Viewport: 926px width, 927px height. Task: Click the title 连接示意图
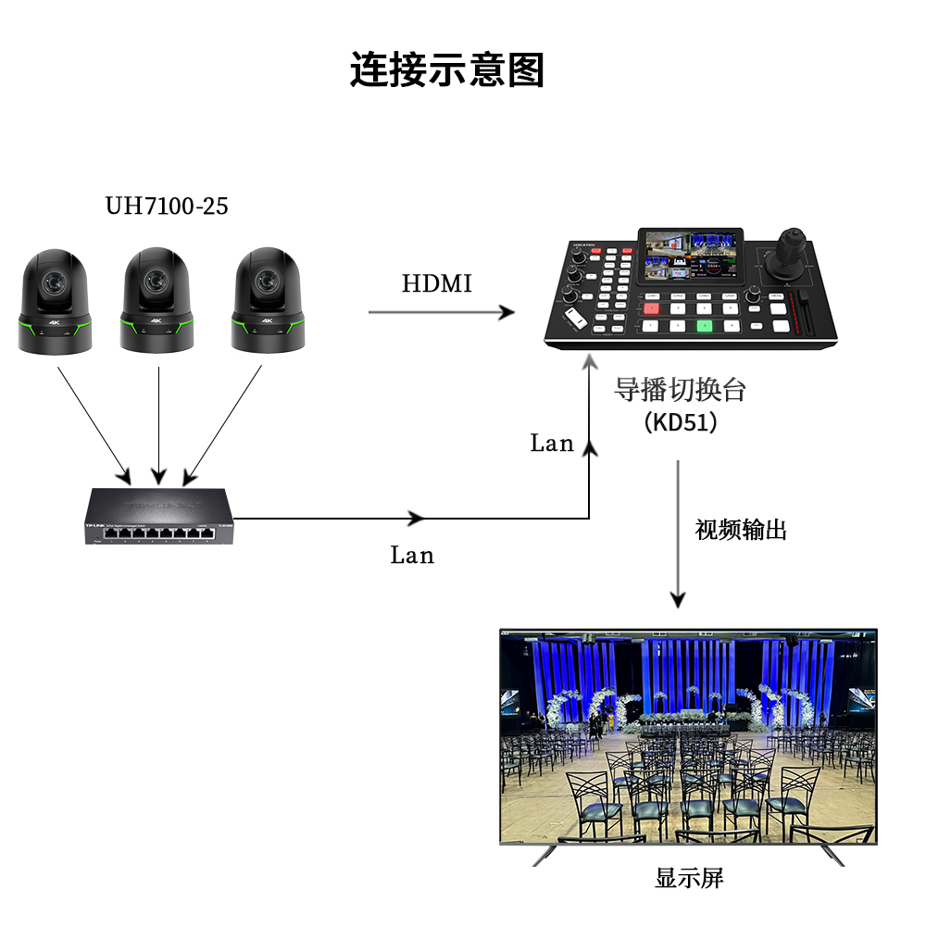446,69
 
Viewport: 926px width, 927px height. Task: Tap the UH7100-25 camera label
166,206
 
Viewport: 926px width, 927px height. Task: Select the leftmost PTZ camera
55,302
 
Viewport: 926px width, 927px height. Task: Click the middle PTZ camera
156,300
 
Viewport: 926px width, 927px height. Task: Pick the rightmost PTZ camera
268,300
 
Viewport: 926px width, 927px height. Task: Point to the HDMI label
436,283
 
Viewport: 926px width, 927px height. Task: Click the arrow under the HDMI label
441,311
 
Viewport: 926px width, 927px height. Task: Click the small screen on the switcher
690,256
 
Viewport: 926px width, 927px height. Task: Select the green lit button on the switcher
704,326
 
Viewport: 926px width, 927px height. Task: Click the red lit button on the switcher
651,308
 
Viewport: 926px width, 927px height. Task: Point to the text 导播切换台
680,390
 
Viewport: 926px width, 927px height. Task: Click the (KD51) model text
680,422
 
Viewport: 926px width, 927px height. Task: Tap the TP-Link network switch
159,516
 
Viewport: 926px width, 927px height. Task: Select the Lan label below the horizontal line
412,555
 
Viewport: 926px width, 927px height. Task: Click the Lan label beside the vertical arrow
552,443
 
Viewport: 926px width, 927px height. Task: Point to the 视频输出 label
741,530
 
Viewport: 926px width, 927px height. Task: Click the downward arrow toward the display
678,534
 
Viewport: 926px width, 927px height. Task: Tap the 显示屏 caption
690,878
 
